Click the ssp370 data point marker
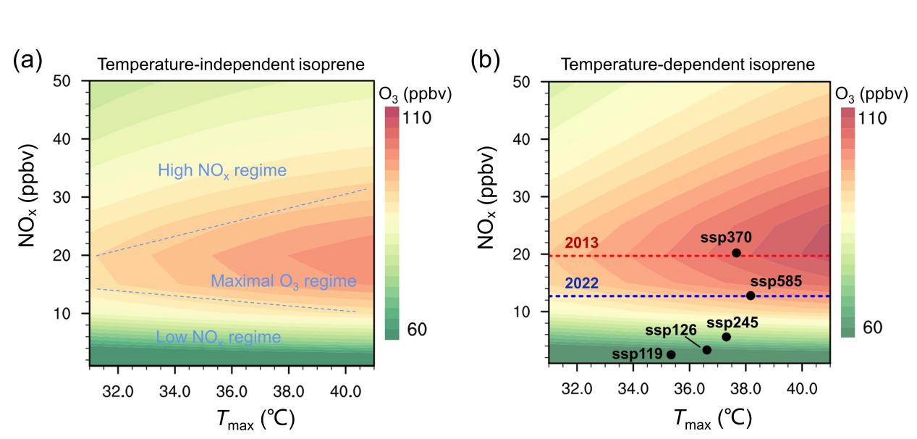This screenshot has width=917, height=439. click(736, 253)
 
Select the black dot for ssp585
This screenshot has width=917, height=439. click(751, 296)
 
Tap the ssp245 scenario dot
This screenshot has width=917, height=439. click(726, 337)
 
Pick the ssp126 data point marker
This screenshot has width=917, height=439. click(707, 350)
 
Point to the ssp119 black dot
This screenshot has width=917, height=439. click(671, 354)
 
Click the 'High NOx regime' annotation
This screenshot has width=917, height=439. click(222, 172)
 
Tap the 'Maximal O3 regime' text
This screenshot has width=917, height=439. click(284, 281)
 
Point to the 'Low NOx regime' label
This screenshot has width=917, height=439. click(218, 337)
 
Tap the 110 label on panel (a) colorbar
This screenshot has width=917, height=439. click(415, 117)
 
